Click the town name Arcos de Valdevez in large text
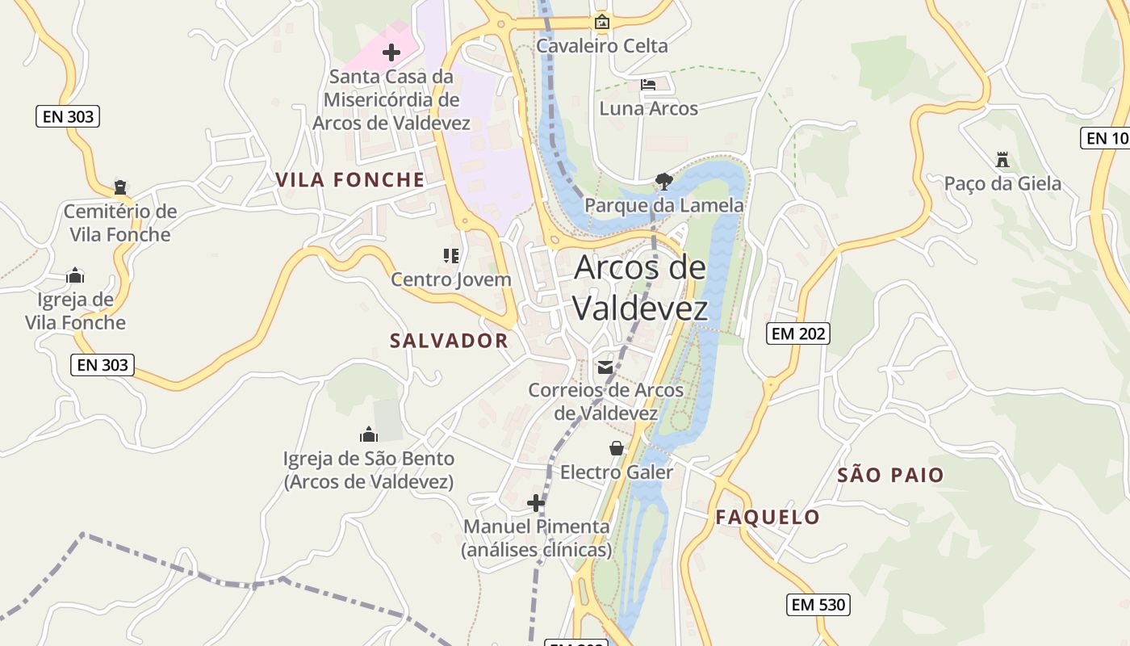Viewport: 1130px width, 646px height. coord(640,287)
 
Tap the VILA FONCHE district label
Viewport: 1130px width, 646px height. coord(350,179)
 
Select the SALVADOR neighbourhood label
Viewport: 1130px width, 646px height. coord(449,341)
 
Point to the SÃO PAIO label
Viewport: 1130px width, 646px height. coord(890,475)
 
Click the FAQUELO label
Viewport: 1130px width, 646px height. coord(768,517)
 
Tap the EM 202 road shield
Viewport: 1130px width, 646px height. coord(797,333)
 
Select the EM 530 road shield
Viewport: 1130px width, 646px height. coord(818,604)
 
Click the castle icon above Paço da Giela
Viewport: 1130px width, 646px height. coord(1002,159)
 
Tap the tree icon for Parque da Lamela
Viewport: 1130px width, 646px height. coord(664,181)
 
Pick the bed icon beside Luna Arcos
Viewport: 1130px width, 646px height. coord(648,84)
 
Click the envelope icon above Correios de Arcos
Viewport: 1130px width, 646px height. coord(605,367)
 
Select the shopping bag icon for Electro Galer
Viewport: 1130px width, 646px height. coord(617,448)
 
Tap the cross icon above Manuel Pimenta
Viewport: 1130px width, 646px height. coord(536,503)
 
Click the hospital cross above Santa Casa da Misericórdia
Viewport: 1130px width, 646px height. coord(391,53)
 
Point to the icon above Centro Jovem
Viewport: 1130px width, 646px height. coord(450,256)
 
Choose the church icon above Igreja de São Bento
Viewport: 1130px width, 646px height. coord(369,434)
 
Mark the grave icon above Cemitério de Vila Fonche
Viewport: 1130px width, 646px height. coord(120,187)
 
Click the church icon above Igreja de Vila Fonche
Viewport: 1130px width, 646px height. coord(75,275)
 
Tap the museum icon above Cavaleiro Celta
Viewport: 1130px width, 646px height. coord(601,22)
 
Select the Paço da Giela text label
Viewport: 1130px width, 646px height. coord(1002,184)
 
